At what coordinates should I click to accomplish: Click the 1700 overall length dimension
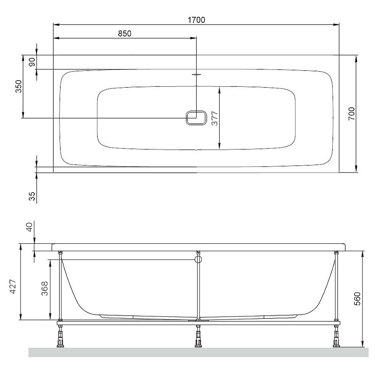[x=196, y=20]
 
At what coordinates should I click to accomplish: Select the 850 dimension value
[x=125, y=33]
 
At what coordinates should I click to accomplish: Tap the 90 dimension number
[x=32, y=62]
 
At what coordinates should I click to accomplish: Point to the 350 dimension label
[x=19, y=86]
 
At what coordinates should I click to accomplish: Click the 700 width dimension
[x=351, y=113]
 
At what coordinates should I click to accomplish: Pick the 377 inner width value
[x=214, y=119]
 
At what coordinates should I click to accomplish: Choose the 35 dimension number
[x=32, y=196]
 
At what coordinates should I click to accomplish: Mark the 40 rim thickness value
[x=29, y=227]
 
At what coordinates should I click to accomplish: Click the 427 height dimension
[x=13, y=286]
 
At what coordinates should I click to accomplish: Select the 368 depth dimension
[x=45, y=289]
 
